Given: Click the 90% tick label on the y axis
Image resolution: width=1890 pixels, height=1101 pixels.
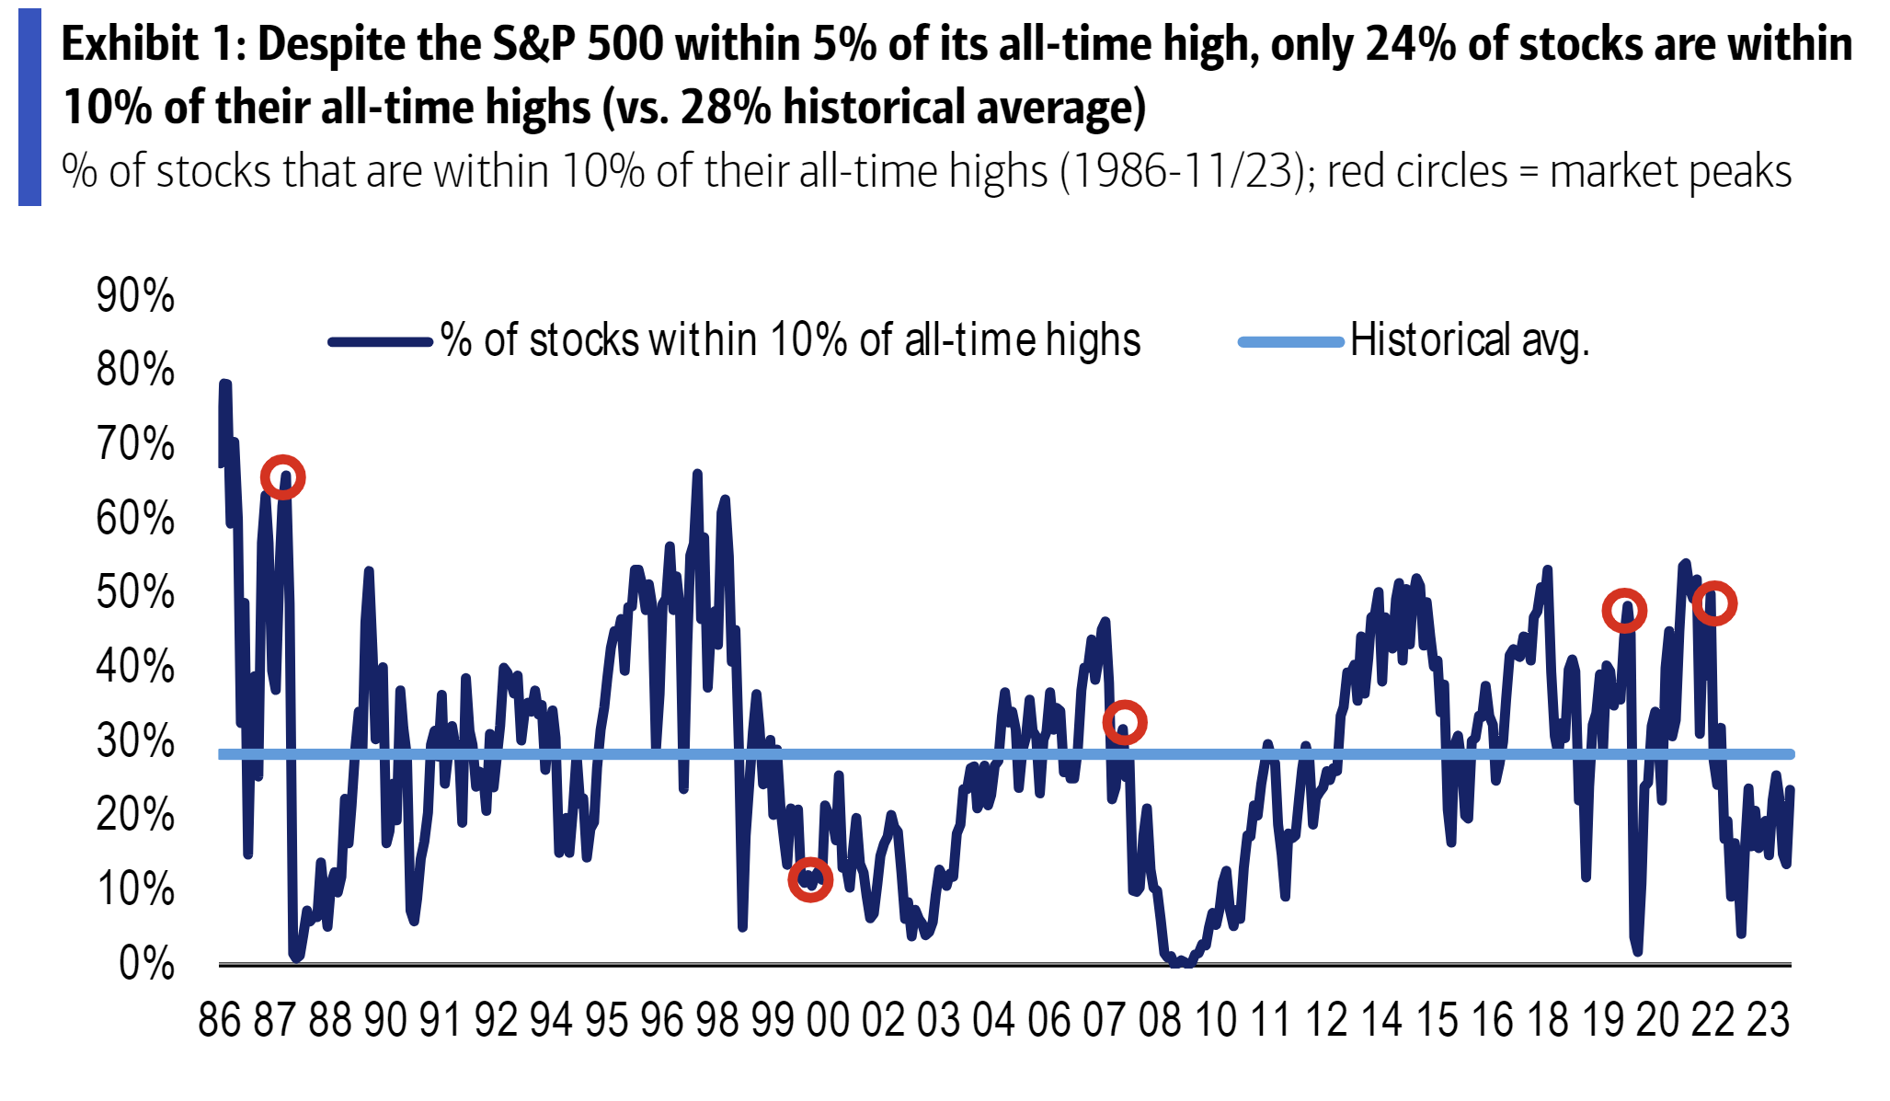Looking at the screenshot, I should [x=134, y=297].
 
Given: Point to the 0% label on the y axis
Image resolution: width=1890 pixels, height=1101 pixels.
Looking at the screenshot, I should [x=146, y=964].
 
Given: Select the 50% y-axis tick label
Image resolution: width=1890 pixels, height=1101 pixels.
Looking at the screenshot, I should [x=134, y=593].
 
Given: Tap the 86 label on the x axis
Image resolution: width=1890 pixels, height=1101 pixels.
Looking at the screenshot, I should [x=220, y=1020].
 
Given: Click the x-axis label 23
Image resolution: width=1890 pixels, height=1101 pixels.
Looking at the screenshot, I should [x=1768, y=1020].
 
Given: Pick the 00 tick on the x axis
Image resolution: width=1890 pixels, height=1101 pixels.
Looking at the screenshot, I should [x=828, y=1020].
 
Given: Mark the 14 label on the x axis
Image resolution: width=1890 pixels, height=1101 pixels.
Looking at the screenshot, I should [x=1380, y=1020].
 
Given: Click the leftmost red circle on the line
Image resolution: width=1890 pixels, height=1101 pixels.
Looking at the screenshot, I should [x=282, y=477].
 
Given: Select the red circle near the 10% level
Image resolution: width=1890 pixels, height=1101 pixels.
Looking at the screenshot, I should [x=810, y=880].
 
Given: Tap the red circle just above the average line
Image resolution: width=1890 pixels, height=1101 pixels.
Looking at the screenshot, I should [x=1124, y=723].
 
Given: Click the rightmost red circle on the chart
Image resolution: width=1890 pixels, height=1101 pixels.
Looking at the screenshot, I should [x=1714, y=603].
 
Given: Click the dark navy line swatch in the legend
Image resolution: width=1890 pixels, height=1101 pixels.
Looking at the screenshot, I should [x=380, y=342].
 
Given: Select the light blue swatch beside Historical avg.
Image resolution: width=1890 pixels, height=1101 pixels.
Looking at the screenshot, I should [x=1290, y=342].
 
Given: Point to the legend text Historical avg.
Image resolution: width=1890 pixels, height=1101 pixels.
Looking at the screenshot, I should [x=1469, y=340].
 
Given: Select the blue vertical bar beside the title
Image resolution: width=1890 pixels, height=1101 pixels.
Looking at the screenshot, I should [x=29, y=108].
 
